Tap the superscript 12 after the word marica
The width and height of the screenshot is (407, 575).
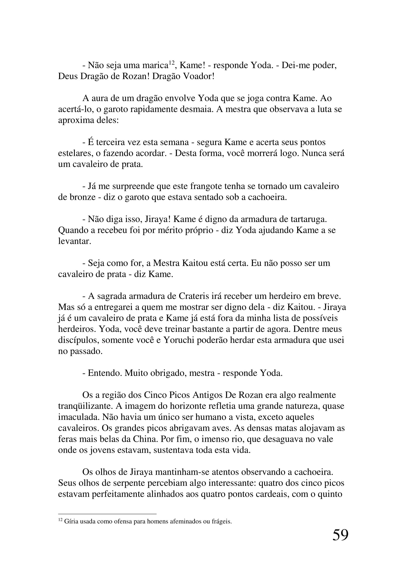tap(172, 63)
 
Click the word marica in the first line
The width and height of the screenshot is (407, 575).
tap(155, 65)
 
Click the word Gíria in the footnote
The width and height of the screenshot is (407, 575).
tap(71, 522)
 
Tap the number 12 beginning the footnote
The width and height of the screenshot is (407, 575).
tap(60, 520)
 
